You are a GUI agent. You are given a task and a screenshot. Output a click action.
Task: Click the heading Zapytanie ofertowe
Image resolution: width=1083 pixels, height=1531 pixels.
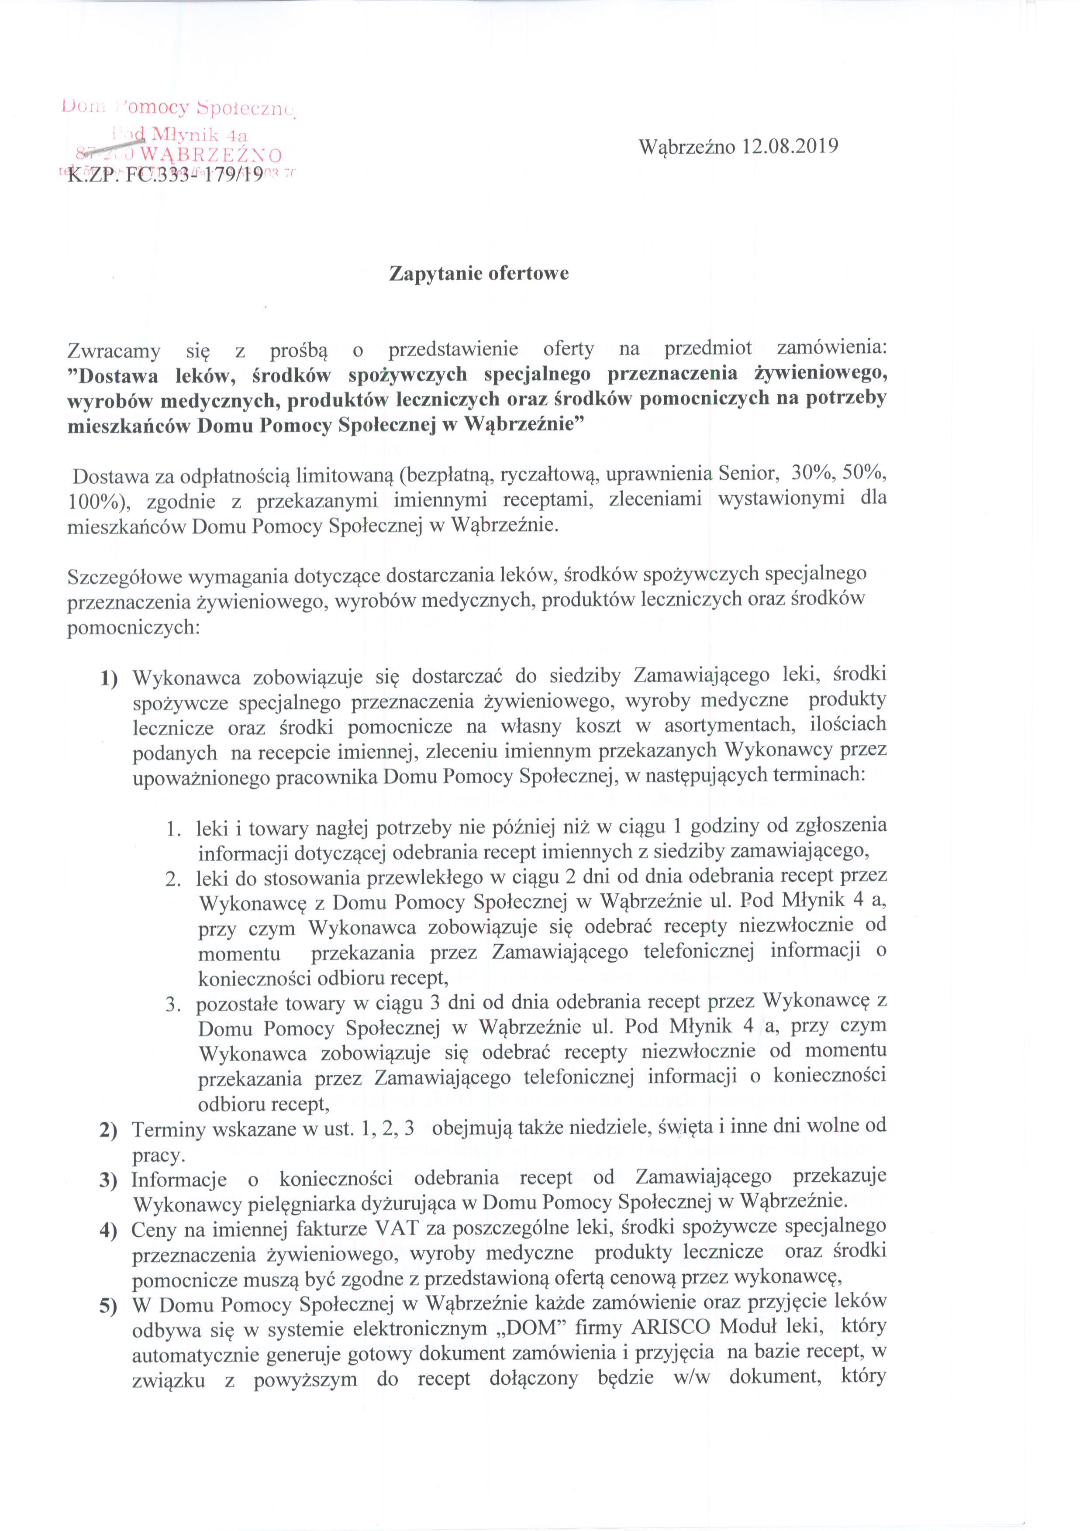click(479, 273)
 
